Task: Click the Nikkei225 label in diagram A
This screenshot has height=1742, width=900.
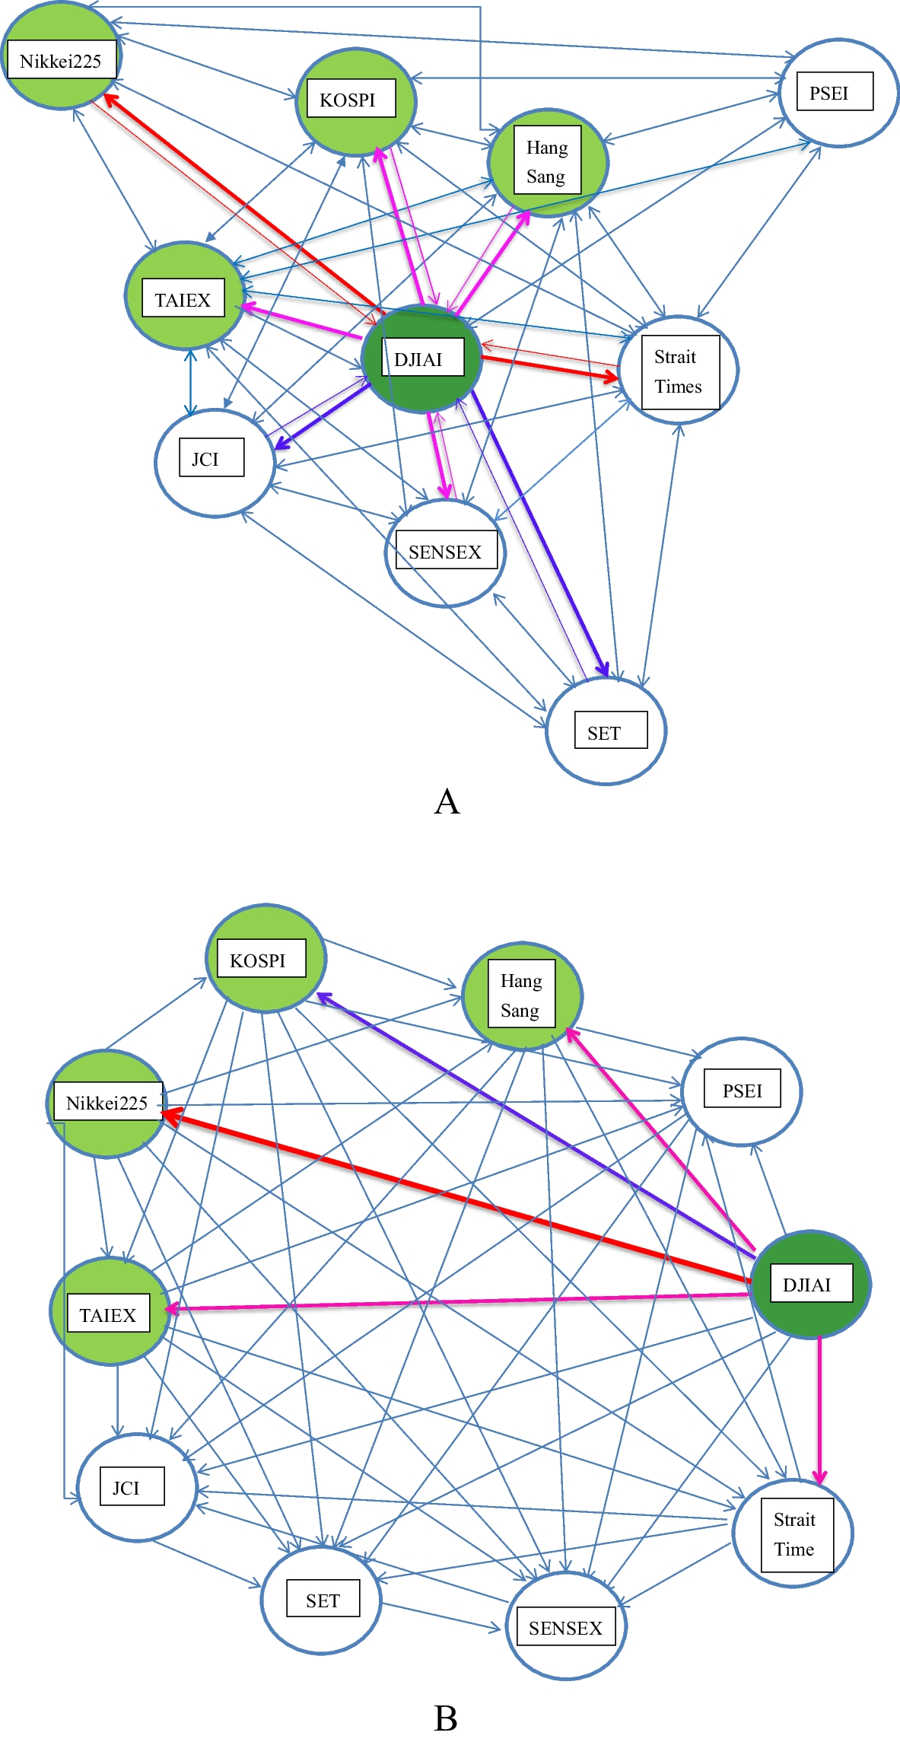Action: click(61, 61)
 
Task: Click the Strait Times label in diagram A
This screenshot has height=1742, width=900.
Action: click(679, 372)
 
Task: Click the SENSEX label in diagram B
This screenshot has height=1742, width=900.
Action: click(565, 1628)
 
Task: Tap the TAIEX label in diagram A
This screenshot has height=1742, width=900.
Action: click(183, 299)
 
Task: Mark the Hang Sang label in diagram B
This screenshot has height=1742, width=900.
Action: click(521, 995)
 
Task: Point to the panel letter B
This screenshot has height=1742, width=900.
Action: click(446, 1718)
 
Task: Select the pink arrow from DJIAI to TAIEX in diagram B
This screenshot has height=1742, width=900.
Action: click(456, 1301)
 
